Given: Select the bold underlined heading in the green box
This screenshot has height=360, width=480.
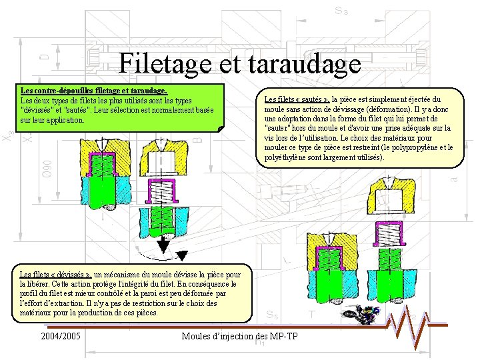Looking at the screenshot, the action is (94, 89).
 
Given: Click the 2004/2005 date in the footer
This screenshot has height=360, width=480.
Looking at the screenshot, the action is (61, 336).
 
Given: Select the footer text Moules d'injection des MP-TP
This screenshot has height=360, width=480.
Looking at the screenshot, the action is (239, 336).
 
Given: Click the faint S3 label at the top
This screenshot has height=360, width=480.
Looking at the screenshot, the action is (341, 11).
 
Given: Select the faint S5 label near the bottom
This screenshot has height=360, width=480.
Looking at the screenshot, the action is (272, 315).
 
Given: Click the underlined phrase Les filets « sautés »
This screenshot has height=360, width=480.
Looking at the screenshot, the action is (297, 99).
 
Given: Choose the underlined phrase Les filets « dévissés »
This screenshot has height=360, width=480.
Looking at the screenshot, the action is (56, 274).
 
